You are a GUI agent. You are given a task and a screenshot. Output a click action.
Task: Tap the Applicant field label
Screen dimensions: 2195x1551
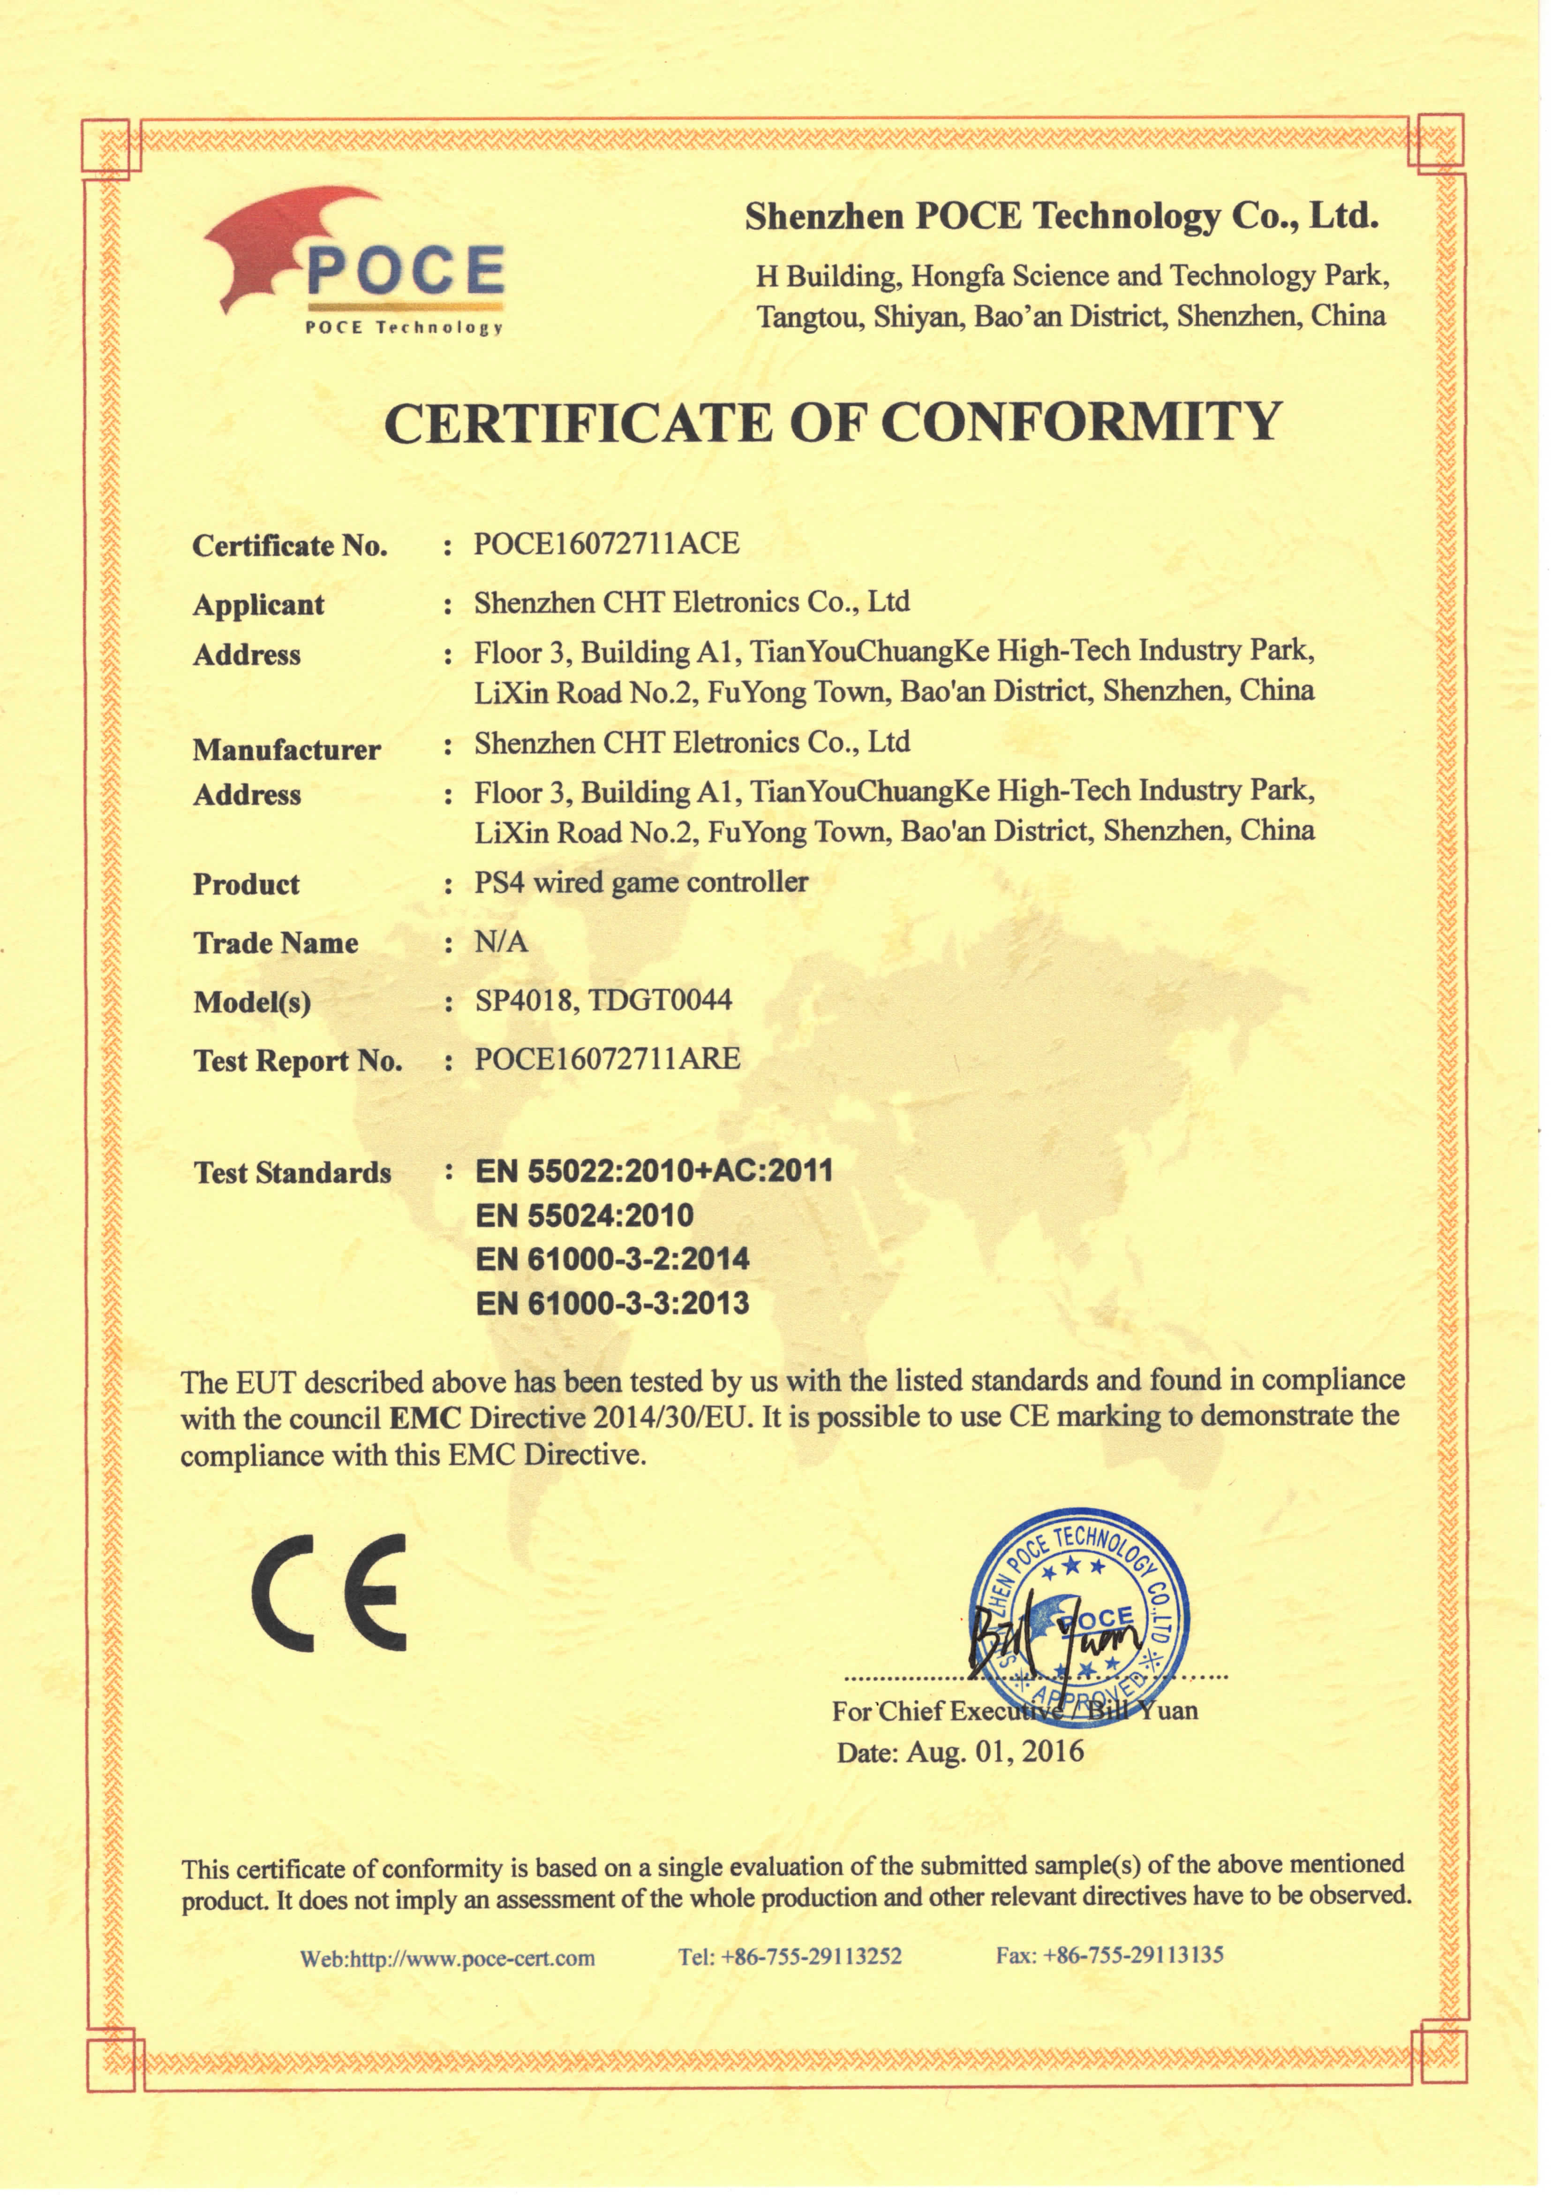pos(258,605)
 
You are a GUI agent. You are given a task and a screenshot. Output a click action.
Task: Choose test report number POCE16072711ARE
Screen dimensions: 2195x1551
pos(607,1059)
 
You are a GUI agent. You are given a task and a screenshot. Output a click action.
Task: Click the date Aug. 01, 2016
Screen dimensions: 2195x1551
pos(994,1751)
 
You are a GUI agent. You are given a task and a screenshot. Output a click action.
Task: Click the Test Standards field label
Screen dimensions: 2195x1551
pos(292,1173)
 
